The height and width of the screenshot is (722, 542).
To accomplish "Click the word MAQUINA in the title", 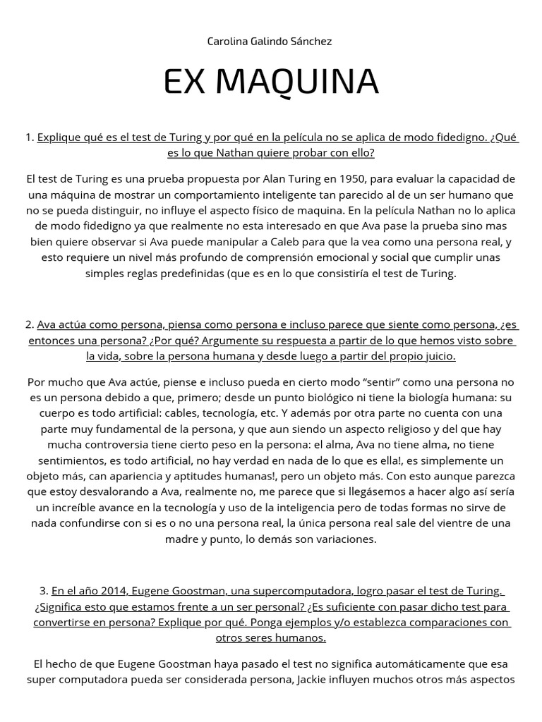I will (297, 82).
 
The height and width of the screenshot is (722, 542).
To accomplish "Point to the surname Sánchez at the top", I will (310, 42).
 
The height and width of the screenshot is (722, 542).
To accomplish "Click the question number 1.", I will (29, 137).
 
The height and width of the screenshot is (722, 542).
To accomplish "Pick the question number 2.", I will (29, 325).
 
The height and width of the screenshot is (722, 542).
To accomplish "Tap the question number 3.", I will (44, 591).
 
